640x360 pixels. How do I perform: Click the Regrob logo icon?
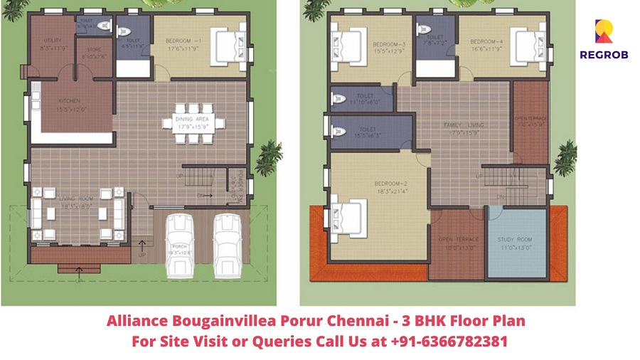603,32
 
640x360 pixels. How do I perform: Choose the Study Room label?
515,240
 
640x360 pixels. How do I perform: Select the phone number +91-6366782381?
449,342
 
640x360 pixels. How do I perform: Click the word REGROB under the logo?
604,55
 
